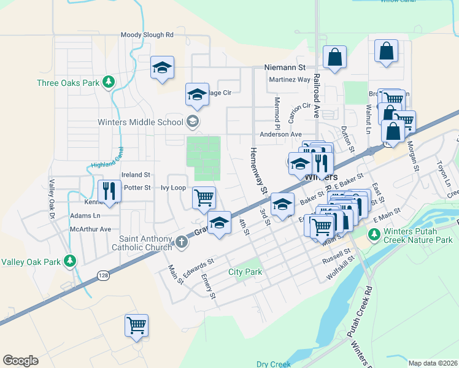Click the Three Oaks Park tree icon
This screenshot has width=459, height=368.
[108, 82]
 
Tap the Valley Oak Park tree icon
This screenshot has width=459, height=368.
[71, 261]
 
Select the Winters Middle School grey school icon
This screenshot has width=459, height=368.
[193, 121]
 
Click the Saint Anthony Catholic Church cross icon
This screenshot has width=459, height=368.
[181, 242]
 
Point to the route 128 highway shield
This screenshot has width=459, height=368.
[102, 276]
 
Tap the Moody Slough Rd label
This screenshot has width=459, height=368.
[147, 36]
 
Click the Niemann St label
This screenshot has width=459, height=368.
[285, 67]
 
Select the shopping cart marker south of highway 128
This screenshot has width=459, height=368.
[136, 325]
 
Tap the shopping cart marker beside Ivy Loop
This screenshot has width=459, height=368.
[203, 197]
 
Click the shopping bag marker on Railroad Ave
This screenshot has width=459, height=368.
[335, 58]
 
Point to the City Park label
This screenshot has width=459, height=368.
[245, 272]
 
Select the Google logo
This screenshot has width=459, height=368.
[20, 361]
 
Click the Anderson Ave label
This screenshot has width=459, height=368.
[281, 134]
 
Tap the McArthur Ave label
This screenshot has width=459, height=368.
[90, 229]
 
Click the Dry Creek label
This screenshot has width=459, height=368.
[273, 364]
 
